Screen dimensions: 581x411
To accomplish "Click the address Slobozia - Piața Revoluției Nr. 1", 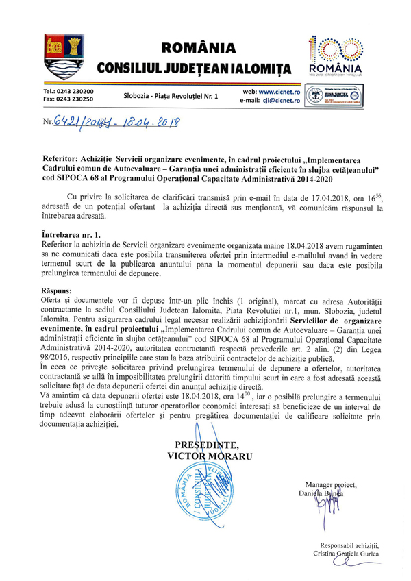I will (171, 95).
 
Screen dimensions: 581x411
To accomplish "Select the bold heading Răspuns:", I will (61, 291).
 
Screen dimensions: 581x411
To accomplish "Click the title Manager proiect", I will (326, 484).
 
